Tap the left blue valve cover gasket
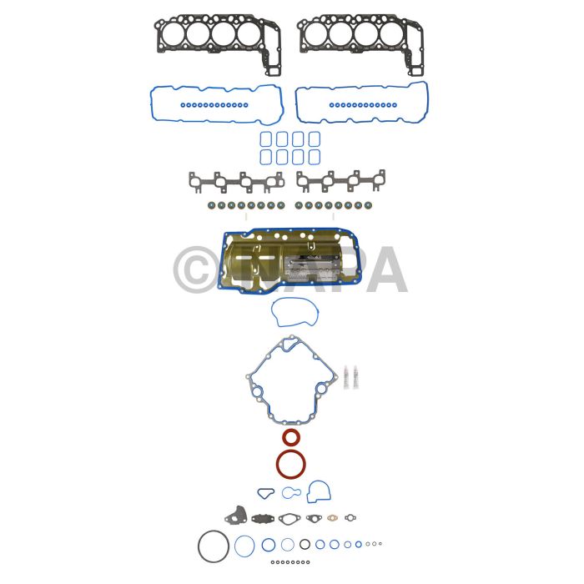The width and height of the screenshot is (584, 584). pos(217,104)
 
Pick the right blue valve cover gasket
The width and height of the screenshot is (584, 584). pos(361,103)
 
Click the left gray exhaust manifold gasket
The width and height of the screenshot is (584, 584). pos(236,182)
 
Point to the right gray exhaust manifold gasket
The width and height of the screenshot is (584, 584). pos(340,181)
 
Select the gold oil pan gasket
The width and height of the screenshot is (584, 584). pos(289,260)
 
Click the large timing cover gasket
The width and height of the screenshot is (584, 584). pos(292,380)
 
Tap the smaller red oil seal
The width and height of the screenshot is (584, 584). pos(290,437)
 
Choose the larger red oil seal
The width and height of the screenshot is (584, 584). pos(291,465)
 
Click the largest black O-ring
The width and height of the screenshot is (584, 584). pos(214,546)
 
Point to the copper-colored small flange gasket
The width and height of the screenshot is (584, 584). pos(332,518)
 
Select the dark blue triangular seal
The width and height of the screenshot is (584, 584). pos(265,494)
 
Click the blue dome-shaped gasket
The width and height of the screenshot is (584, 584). pos(319,491)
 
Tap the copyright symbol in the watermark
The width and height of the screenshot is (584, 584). pos(196,269)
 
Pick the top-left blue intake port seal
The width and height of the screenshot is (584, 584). pos(266,139)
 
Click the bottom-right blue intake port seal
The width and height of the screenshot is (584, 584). pos(315,157)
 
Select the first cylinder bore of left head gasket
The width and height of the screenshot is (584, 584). pos(174,34)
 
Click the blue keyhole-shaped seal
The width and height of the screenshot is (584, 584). pos(291,493)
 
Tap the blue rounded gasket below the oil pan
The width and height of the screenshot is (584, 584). pos(295,312)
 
